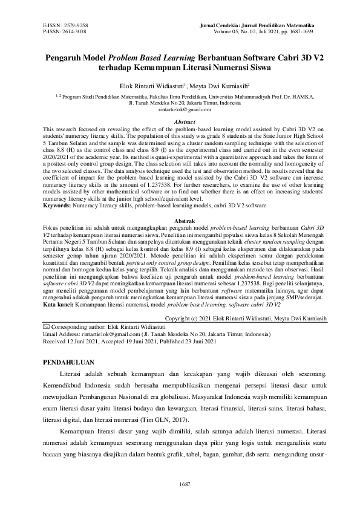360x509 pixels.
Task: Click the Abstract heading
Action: point(180,122)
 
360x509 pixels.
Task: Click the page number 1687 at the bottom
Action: point(180,484)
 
